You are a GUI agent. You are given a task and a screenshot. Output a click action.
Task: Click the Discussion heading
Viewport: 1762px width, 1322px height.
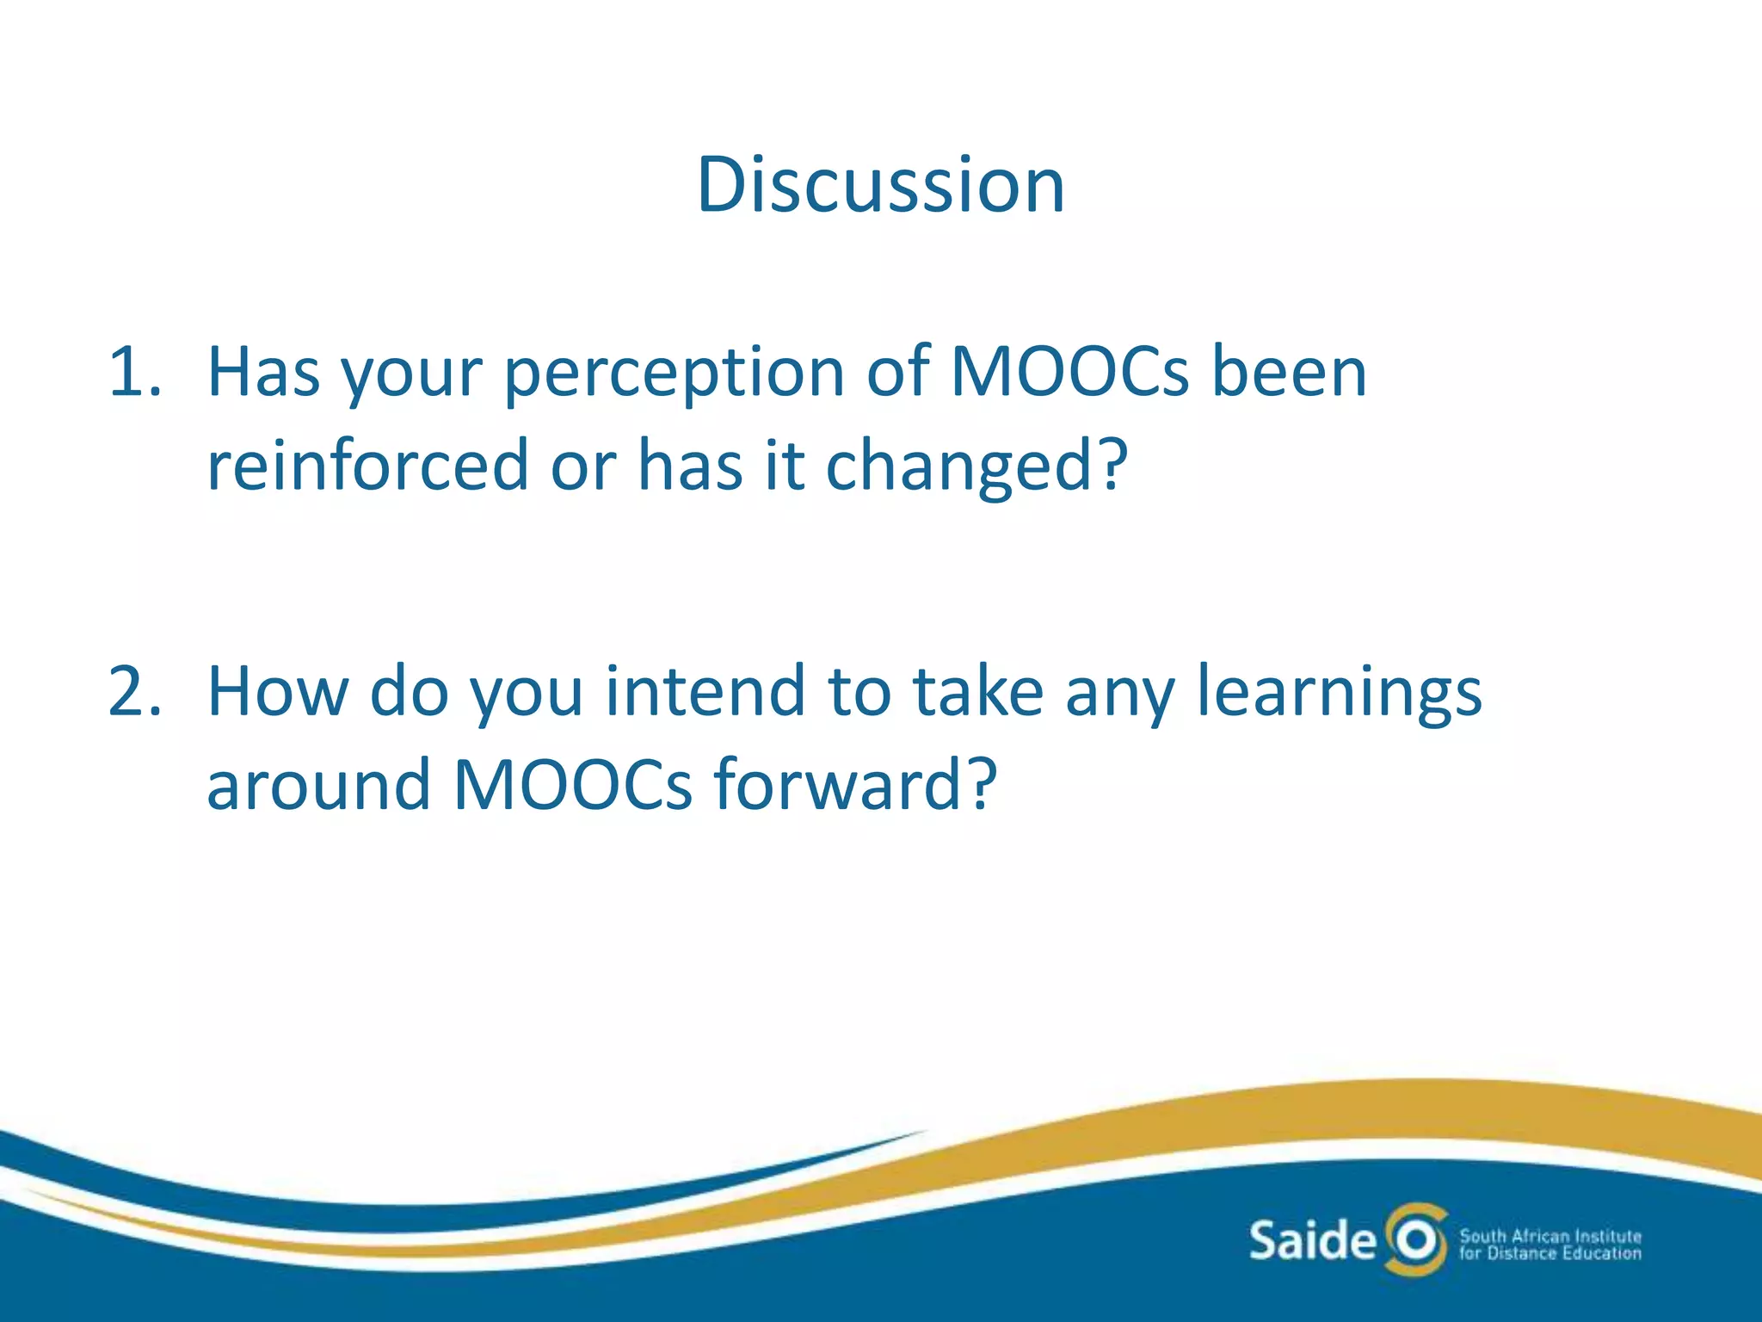(880, 185)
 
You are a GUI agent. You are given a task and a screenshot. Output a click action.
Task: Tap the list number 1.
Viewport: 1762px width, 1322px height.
(133, 372)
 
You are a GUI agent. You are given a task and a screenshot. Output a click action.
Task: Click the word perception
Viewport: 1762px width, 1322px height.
(674, 375)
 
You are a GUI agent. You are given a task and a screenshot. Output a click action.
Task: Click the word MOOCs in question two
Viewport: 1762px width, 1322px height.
(571, 784)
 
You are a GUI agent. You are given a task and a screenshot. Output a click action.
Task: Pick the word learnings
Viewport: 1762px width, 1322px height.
(1339, 694)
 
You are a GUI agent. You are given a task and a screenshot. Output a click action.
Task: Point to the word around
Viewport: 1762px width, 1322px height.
(318, 784)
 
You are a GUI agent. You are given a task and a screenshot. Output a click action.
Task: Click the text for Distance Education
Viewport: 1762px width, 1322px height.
(1549, 1254)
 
